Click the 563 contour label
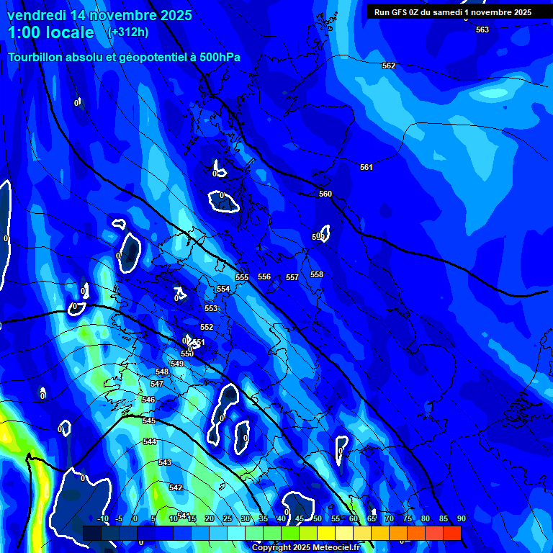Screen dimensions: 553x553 point(482,30)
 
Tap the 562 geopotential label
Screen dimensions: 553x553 point(389,66)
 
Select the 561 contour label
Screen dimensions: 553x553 point(367,167)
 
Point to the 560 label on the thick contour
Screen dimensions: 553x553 point(325,194)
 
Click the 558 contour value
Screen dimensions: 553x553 point(317,274)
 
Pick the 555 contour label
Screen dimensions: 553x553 point(242,277)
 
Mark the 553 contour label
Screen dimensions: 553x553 point(211,308)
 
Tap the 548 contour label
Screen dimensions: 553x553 point(162,372)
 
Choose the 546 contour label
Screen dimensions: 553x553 point(148,400)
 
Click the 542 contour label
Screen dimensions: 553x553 point(176,487)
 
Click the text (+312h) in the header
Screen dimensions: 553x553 point(129,32)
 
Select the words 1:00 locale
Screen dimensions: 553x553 point(51,32)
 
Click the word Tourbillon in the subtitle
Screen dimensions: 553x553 point(37,58)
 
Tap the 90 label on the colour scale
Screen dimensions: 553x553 point(461,519)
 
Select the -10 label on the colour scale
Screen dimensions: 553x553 point(103,519)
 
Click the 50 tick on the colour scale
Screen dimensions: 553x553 point(318,519)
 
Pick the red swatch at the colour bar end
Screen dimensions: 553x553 point(451,533)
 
